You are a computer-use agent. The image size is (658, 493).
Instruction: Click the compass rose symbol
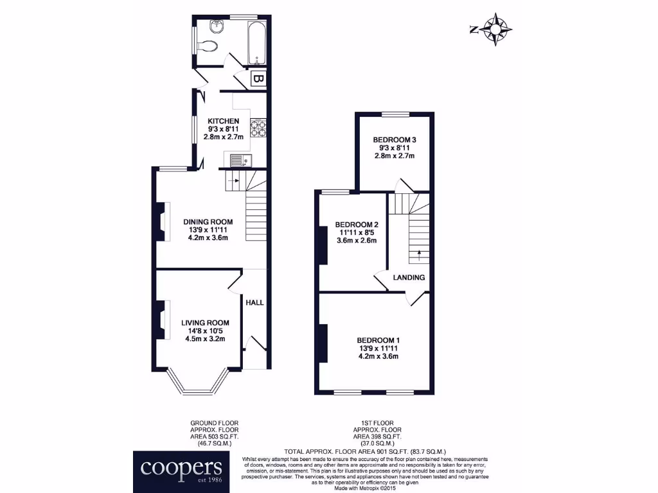497,30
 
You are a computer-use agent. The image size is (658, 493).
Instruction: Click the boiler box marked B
258,80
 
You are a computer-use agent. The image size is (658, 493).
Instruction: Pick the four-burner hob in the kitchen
258,129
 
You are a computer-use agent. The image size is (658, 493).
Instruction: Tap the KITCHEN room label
223,121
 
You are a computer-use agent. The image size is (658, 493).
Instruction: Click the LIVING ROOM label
205,323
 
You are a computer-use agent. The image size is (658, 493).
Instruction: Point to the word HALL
255,303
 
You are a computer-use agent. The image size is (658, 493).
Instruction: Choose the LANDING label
409,277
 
